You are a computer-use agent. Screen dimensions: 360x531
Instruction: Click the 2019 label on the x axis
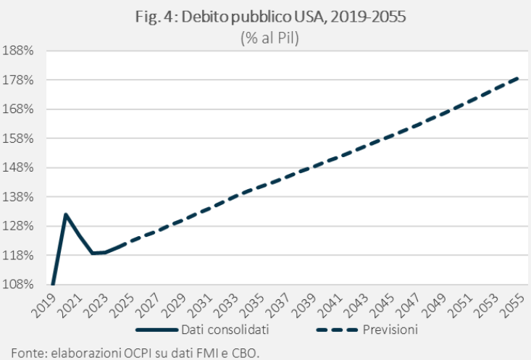(46, 303)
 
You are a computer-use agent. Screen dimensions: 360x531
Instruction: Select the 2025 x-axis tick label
(124, 303)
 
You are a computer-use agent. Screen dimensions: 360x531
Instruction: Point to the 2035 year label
(255, 303)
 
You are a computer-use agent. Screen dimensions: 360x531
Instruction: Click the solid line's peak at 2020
(66, 214)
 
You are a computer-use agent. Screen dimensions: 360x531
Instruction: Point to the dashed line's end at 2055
(519, 77)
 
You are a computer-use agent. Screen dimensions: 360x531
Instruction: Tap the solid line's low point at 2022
(92, 253)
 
